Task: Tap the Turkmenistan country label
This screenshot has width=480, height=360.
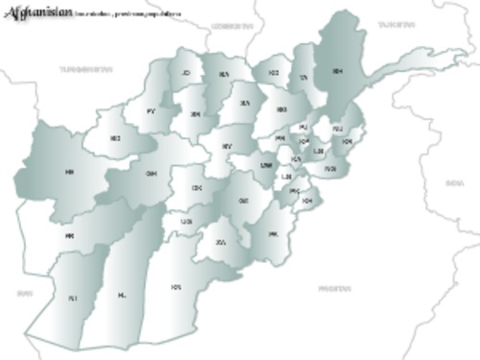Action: (x=84, y=70)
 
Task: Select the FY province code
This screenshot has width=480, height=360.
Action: (x=151, y=111)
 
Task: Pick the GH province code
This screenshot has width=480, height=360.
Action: (x=151, y=174)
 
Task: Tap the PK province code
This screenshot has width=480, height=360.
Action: (x=273, y=234)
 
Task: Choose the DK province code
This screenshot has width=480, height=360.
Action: (x=197, y=189)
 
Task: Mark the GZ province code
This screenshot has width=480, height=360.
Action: (x=244, y=201)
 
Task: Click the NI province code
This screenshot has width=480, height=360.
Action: (x=71, y=299)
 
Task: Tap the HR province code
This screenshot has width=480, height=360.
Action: (x=69, y=171)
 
